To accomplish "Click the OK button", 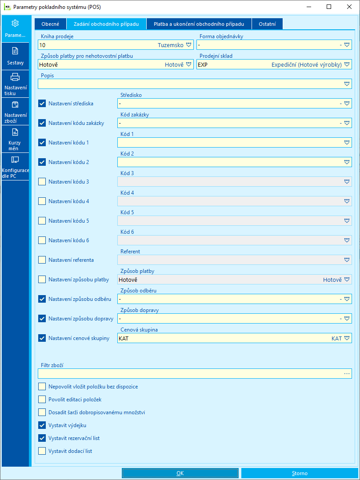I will (180, 473).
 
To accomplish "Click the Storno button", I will (300, 473).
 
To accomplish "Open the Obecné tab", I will (50, 24).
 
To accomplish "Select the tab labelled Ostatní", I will (267, 24).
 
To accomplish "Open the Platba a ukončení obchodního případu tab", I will (199, 24).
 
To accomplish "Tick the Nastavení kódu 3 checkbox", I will (42, 181).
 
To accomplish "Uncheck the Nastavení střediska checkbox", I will (42, 103).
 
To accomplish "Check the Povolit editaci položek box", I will (42, 399).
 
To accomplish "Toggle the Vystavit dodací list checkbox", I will (42, 451).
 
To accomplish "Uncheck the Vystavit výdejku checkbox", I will (42, 425).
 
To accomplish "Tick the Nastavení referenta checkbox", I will (42, 260).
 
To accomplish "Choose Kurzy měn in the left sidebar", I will (15, 139).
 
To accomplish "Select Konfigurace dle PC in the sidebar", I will (15, 167).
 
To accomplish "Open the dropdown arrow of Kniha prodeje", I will (189, 45).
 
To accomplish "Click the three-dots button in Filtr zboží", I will (347, 374).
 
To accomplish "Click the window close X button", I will (349, 7).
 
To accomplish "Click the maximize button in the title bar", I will (329, 7).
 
